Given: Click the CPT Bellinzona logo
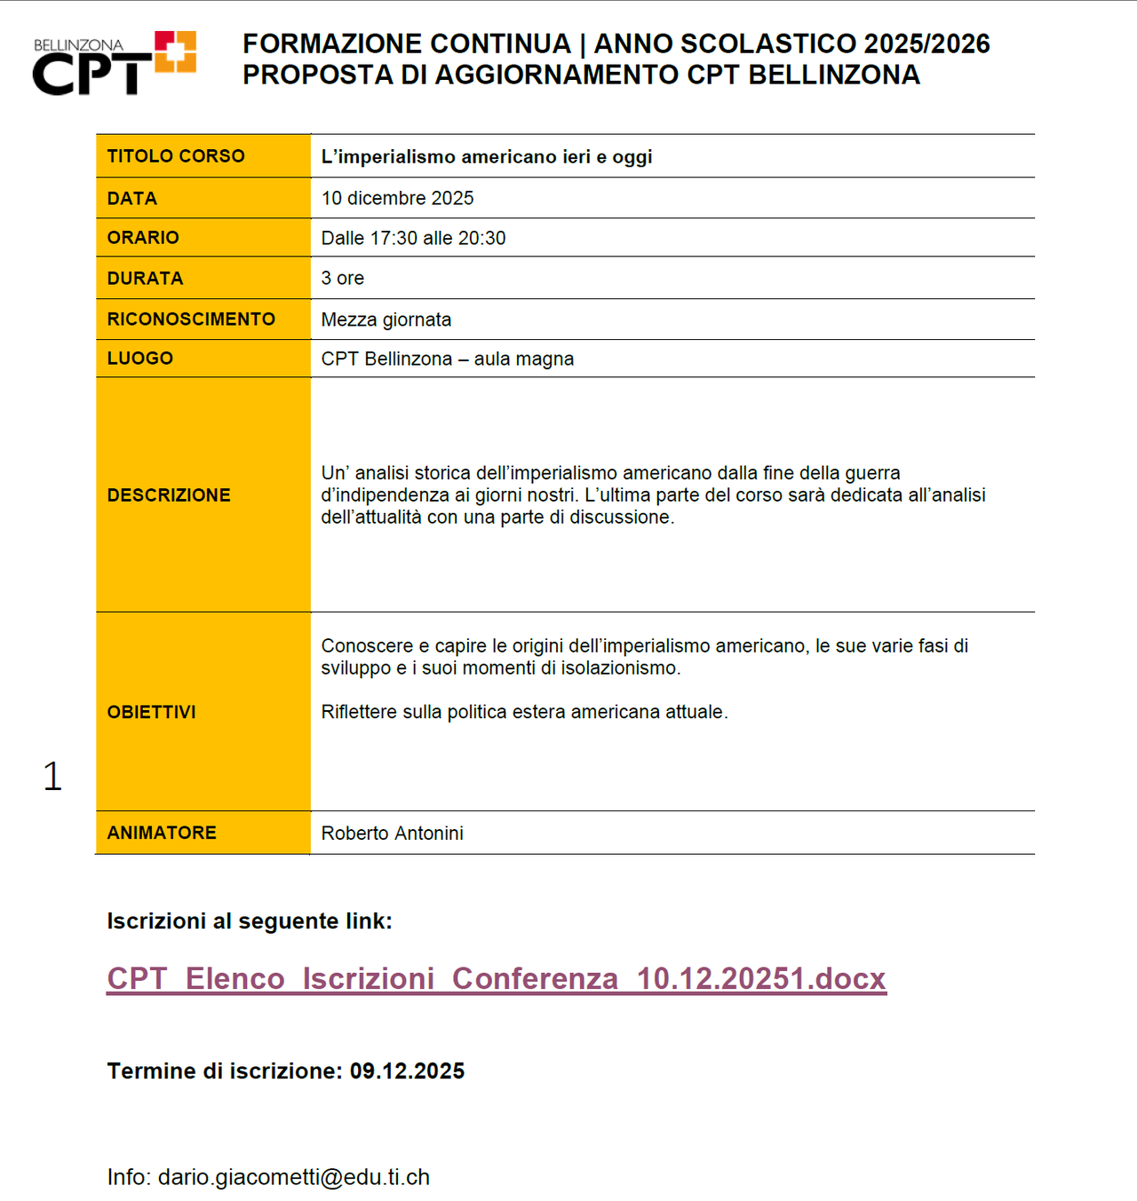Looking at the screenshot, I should coord(114,63).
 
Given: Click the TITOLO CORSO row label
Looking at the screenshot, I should coord(176,156).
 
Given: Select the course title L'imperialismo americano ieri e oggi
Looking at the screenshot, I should coord(487,157).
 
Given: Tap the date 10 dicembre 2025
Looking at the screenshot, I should coord(397,198).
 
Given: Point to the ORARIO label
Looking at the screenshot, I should coord(143,238).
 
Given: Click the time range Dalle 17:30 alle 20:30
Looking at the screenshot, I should coord(413,238).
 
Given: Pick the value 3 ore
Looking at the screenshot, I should coord(343,278).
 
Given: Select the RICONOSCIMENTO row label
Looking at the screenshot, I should coord(191,320).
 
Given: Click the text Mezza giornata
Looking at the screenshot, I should coord(386,320).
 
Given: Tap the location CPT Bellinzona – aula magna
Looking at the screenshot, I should coord(448,359).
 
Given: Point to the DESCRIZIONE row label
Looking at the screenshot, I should coord(169,495).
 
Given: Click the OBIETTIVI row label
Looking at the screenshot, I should coord(152,712).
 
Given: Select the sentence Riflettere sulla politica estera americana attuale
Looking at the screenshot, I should coord(524,712).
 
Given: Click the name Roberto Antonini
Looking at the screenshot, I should coord(392,833).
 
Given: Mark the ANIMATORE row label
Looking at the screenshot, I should coord(162,833).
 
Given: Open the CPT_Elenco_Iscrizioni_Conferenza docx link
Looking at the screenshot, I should coord(497,978).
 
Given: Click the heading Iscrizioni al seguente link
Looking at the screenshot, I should coord(250,921).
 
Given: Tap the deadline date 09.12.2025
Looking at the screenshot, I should coord(407,1071).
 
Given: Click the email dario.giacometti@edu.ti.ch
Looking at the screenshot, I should coord(294,1177).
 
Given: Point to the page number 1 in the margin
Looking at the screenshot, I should coord(52,777).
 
